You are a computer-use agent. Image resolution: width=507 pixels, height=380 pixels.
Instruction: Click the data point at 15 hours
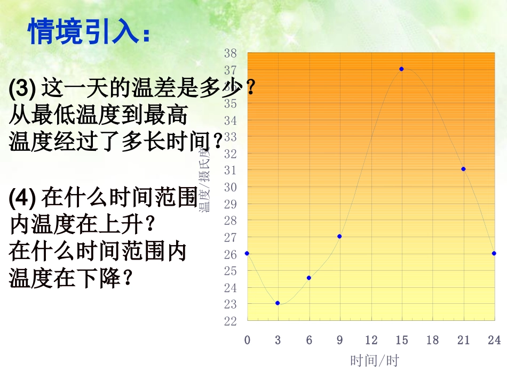401,69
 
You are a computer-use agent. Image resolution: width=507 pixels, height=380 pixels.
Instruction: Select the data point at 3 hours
278,303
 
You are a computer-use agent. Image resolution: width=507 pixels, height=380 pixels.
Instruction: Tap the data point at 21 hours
463,169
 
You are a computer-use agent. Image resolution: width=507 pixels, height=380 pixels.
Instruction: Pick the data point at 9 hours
339,236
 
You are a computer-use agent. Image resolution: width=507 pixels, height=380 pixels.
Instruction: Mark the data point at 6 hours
308,278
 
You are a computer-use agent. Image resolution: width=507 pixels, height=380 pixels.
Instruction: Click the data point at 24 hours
494,253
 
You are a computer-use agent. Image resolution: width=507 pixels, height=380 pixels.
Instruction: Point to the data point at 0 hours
247,253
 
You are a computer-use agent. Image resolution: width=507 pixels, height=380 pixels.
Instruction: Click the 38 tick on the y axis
230,53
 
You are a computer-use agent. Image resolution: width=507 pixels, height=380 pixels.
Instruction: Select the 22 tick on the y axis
230,321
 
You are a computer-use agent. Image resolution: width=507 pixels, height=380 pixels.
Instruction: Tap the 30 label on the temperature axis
230,187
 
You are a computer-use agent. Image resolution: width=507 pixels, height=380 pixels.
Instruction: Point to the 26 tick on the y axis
230,254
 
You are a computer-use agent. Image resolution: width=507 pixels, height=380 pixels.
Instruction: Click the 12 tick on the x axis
371,340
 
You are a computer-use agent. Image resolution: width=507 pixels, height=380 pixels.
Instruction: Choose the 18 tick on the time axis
432,340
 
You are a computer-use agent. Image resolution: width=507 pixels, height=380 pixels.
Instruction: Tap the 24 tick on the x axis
494,340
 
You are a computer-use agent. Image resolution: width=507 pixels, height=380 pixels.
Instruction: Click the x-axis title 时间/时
375,361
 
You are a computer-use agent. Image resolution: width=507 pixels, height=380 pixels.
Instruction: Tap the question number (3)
22,88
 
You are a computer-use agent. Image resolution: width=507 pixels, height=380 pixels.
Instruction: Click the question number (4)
22,198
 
